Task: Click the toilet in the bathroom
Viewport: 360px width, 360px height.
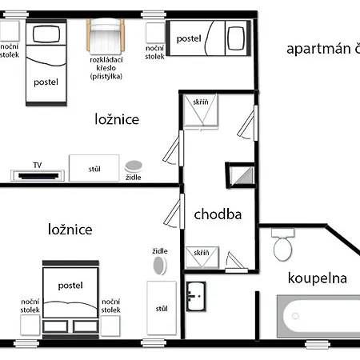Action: (x=282, y=245)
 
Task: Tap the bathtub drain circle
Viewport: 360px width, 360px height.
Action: (x=295, y=316)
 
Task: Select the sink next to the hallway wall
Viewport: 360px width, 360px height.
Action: (x=196, y=297)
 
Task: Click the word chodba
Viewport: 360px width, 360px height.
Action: (x=218, y=214)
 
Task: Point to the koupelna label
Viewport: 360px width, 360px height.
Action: (x=318, y=278)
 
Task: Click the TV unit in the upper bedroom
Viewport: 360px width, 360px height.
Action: (x=38, y=175)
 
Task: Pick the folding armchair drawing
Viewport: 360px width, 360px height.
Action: (x=106, y=35)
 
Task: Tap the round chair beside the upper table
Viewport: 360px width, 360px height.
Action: (x=134, y=166)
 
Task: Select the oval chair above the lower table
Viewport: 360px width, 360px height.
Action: (x=159, y=266)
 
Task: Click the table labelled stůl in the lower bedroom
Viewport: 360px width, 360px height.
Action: (x=162, y=308)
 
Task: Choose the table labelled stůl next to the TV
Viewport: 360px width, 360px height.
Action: (x=94, y=168)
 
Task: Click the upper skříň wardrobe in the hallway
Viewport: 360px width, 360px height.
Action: (x=201, y=110)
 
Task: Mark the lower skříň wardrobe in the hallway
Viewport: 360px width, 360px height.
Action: (x=202, y=258)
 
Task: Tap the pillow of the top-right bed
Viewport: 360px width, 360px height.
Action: (x=236, y=38)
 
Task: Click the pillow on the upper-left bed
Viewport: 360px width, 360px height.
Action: (x=46, y=34)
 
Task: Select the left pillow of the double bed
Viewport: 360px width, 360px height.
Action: (x=55, y=326)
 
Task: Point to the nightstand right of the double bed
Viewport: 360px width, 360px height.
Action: (x=110, y=326)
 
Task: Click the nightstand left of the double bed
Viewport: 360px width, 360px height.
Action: (x=30, y=325)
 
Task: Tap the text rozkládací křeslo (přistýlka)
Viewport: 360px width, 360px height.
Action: (x=106, y=68)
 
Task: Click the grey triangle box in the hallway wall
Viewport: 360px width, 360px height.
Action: (x=242, y=176)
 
